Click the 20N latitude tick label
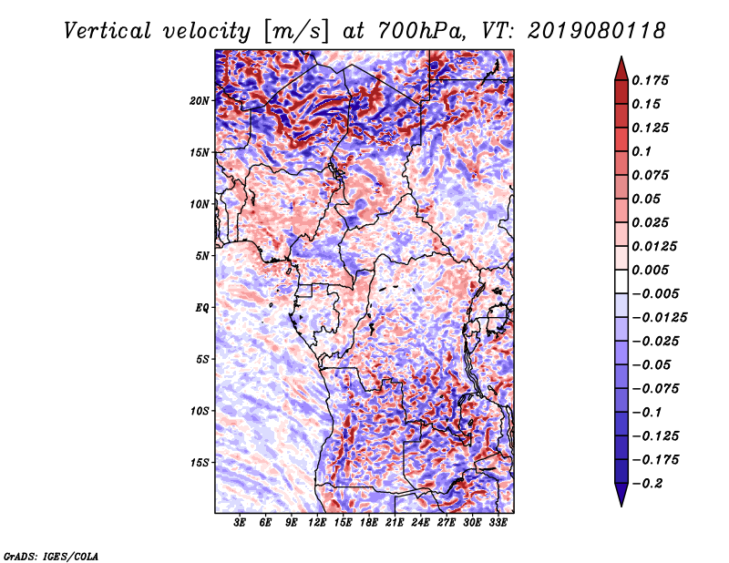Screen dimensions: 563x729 pos(200,100)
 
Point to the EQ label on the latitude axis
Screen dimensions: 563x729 pos(201,307)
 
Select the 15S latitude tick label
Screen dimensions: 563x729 pos(200,462)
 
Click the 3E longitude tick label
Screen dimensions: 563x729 pos(241,523)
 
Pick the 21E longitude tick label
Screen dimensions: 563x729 pos(395,523)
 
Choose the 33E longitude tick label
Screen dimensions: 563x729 pos(498,523)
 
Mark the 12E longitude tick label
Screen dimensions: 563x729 pos(317,523)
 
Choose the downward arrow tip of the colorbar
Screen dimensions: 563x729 pos(620,504)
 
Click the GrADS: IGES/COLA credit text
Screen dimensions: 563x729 pos(50,555)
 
